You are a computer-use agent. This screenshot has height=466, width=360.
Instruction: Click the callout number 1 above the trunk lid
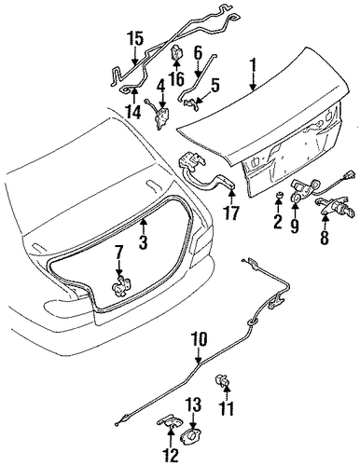[254, 67]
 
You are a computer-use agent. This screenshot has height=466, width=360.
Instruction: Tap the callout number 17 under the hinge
[230, 213]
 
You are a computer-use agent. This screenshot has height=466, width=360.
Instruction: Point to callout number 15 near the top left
[135, 38]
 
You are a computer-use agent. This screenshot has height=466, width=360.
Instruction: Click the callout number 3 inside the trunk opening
[143, 241]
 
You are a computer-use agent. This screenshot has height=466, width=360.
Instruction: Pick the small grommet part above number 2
[278, 197]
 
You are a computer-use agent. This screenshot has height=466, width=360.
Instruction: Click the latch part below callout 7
[120, 285]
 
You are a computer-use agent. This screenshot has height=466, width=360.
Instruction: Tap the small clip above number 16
[176, 53]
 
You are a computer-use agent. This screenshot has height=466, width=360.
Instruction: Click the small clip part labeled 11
[222, 380]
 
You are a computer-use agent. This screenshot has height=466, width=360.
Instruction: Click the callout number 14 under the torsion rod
[134, 111]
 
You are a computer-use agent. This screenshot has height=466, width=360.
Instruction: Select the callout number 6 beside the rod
[199, 53]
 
